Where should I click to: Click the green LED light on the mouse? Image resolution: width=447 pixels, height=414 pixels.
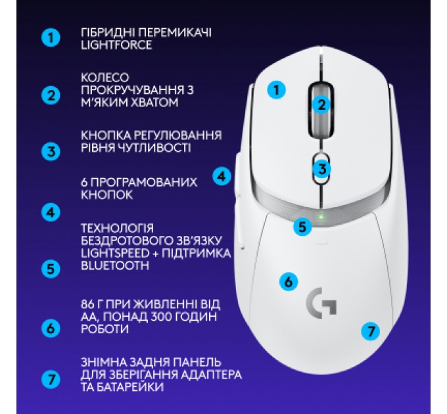(320, 218)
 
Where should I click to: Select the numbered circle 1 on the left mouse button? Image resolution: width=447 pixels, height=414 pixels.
(278, 90)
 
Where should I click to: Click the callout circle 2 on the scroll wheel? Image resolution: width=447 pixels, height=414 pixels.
(321, 103)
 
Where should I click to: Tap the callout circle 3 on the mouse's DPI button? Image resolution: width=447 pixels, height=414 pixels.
(321, 168)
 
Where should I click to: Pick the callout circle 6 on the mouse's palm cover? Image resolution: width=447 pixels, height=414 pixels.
(288, 281)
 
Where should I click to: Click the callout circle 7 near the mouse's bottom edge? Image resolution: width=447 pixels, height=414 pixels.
(371, 331)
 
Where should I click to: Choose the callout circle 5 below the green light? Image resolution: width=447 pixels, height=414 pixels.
(302, 227)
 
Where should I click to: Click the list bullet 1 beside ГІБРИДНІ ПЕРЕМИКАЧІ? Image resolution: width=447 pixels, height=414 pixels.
(50, 37)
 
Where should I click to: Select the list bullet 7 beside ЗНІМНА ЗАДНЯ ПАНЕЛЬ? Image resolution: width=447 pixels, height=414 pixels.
(50, 379)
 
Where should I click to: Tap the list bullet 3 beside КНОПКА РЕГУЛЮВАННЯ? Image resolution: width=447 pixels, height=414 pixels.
(50, 152)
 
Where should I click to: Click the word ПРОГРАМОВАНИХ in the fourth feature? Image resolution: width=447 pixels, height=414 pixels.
(144, 182)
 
